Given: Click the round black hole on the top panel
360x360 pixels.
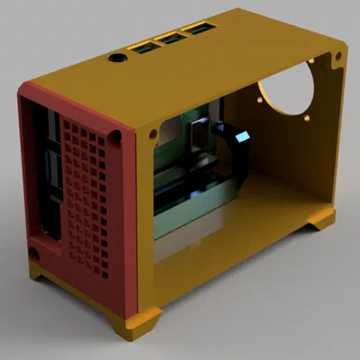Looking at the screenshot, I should [117, 58].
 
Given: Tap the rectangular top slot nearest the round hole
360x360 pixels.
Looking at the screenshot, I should [143, 46].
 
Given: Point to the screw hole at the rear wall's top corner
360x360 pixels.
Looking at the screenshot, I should [337, 57].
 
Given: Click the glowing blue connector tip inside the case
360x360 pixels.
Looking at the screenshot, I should [243, 138].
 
